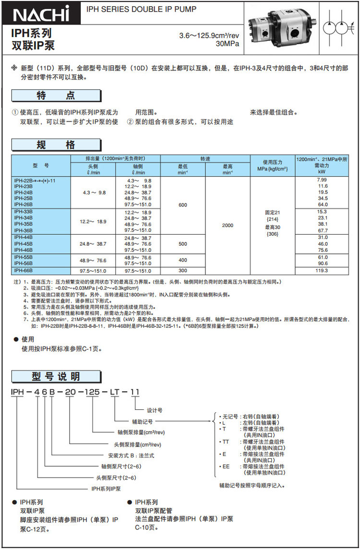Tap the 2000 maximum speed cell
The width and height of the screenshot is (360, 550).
pos(228,225)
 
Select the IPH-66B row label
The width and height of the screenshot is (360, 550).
pos(24,271)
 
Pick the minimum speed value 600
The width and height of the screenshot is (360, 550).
pos(183,205)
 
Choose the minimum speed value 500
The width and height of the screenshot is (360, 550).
pos(183,244)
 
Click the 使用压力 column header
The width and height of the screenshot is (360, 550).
pos(272,165)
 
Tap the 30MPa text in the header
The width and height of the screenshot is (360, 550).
pos(228,44)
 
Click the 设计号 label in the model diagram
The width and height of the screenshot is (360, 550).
pos(155,410)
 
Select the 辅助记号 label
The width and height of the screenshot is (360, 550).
pos(143,421)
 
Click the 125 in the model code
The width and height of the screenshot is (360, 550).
pos(91,392)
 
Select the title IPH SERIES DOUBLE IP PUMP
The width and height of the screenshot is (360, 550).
pos(142,9)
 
